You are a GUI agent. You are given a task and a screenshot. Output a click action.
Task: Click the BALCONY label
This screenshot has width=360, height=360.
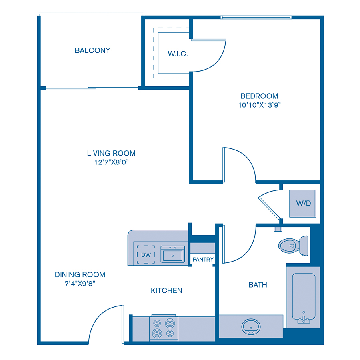[x=92, y=50]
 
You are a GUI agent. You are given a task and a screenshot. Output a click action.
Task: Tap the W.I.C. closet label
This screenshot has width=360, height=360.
[x=178, y=54]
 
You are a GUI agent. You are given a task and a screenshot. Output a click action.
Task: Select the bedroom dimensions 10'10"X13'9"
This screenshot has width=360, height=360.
[x=259, y=105]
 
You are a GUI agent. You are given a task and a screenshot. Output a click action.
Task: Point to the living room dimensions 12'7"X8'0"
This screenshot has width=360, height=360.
[x=111, y=162]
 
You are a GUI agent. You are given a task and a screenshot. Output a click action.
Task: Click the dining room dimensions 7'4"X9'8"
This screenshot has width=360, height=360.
[x=80, y=283]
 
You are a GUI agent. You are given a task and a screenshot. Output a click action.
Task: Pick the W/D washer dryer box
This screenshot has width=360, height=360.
[x=303, y=203]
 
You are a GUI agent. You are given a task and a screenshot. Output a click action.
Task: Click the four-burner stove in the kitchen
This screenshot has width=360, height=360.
[x=164, y=328]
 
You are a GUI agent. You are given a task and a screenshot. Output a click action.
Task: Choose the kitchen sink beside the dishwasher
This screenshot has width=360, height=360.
[x=173, y=254]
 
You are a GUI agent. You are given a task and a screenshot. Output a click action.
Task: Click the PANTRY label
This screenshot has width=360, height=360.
[x=203, y=260]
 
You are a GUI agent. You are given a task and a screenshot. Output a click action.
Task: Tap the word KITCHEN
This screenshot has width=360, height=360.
[x=166, y=290]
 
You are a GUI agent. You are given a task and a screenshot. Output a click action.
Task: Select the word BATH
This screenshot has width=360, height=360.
[x=258, y=285]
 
